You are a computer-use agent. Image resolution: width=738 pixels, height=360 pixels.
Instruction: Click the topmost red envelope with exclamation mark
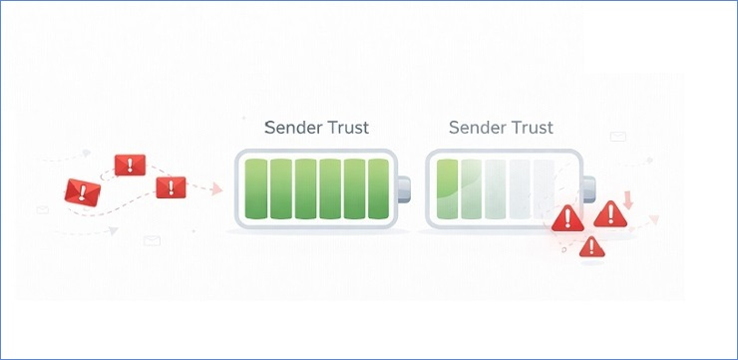coord(130,165)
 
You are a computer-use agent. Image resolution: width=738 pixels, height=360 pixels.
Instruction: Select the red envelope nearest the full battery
coord(171,186)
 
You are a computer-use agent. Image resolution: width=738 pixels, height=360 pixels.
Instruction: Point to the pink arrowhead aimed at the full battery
coord(216,189)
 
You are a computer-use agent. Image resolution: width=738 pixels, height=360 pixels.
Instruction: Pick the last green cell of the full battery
coord(380,188)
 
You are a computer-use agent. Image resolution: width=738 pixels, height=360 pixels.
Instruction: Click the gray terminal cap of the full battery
coord(404,188)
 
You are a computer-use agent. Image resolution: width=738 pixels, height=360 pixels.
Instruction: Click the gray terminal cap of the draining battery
coord(589,187)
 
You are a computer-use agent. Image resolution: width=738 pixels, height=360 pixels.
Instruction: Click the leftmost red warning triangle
coord(567,217)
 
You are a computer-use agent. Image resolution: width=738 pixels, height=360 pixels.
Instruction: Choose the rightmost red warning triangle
coord(609,212)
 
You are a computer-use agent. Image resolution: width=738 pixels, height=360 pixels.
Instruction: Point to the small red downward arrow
coord(628,197)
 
